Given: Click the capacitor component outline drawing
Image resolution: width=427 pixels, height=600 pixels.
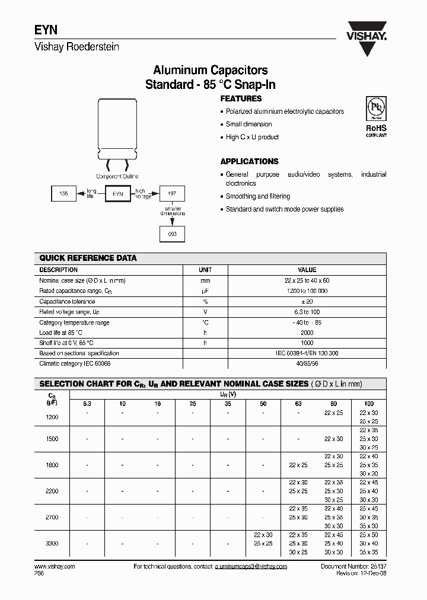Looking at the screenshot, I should click(x=118, y=133).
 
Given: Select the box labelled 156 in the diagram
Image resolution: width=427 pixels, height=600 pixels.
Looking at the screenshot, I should click(x=64, y=193).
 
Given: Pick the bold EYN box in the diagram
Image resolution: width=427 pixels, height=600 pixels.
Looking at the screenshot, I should click(x=117, y=193).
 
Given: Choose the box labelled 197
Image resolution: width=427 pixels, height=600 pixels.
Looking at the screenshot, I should click(x=172, y=193).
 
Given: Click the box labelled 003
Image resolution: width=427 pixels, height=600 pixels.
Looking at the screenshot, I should click(x=172, y=234).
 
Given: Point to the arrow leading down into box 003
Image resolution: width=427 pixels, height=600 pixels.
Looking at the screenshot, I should click(x=172, y=221).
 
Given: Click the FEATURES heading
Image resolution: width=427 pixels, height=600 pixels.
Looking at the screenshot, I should click(x=241, y=99).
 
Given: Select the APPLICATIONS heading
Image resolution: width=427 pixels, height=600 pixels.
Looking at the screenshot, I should click(x=249, y=161).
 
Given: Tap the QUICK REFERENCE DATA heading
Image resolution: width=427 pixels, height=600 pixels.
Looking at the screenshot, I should click(x=88, y=258).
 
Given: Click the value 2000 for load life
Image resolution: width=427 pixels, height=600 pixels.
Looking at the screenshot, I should click(x=307, y=333).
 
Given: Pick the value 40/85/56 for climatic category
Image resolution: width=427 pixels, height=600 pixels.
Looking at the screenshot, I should click(x=307, y=363).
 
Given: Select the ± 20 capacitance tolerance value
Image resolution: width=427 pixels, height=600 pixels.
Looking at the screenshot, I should click(x=307, y=301).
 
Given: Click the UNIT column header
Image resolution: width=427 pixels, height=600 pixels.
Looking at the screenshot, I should click(x=205, y=270).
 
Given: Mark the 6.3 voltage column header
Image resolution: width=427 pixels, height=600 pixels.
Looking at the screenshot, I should click(x=87, y=404).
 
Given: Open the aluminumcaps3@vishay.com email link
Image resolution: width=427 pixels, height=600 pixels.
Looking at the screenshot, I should click(x=250, y=567).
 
